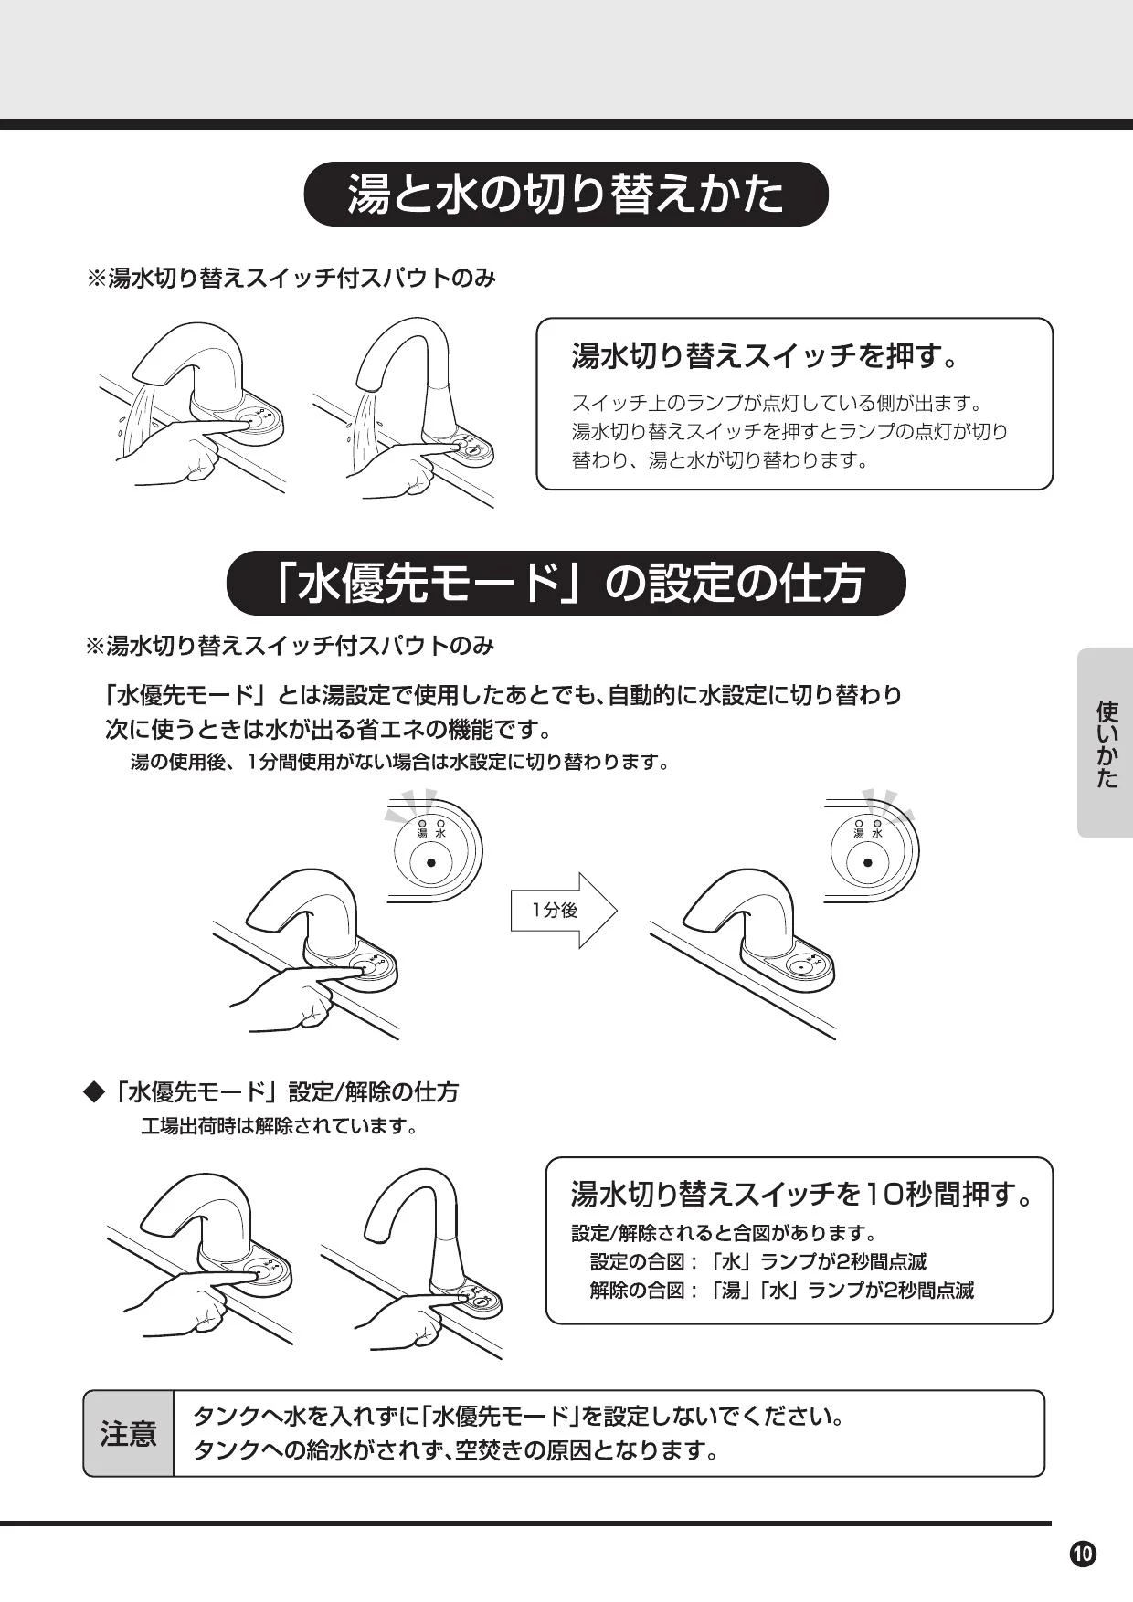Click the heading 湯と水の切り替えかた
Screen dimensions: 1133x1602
(566, 194)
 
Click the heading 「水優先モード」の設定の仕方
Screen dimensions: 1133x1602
(566, 583)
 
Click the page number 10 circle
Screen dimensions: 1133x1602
(1083, 1554)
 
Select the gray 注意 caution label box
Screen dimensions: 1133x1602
(128, 1433)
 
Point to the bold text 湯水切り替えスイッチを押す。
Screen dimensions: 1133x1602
(766, 355)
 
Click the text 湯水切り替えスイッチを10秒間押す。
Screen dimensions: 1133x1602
(801, 1194)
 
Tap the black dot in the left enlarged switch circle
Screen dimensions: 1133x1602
(430, 861)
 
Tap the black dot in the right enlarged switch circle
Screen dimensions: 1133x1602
(867, 861)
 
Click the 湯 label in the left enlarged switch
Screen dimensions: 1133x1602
(422, 833)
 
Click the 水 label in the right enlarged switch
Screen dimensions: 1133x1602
(877, 833)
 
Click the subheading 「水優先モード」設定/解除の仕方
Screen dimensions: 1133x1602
(287, 1091)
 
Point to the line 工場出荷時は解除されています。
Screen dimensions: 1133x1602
(280, 1126)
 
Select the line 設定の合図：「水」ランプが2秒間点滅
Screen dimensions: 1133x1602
(758, 1261)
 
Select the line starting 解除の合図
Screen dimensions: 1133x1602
(782, 1290)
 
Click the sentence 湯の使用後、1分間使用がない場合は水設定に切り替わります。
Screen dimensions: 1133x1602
(400, 761)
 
